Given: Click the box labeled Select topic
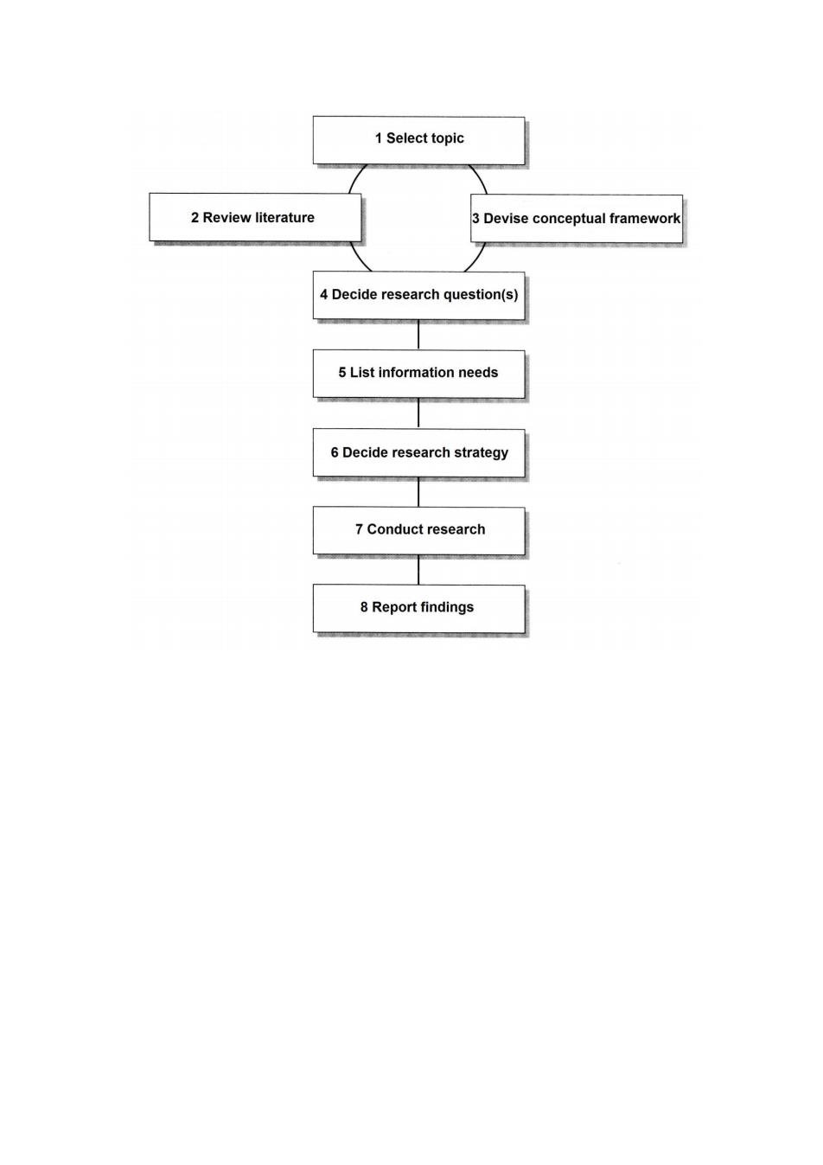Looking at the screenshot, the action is click(418, 140).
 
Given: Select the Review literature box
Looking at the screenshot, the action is click(255, 217).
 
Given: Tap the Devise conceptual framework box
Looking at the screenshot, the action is click(577, 219).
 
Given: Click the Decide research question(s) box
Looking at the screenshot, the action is click(418, 296).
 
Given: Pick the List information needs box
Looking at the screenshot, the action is click(418, 374).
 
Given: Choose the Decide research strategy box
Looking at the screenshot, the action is click(418, 452).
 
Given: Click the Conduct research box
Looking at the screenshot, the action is click(418, 530).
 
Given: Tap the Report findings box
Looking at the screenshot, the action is click(418, 609).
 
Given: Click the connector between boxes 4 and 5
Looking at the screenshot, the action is click(418, 335).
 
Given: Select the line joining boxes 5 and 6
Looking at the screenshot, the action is click(418, 413).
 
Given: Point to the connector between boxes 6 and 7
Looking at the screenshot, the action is click(418, 492).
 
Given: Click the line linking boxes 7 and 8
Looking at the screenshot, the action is click(418, 569).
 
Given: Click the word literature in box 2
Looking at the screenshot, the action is click(284, 217).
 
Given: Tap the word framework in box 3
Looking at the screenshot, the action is click(644, 219).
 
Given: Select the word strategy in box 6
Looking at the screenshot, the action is click(481, 453).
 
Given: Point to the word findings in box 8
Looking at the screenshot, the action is click(448, 607).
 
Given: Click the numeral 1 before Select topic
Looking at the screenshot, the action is click(379, 138).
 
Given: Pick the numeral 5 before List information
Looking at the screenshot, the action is click(342, 373).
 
